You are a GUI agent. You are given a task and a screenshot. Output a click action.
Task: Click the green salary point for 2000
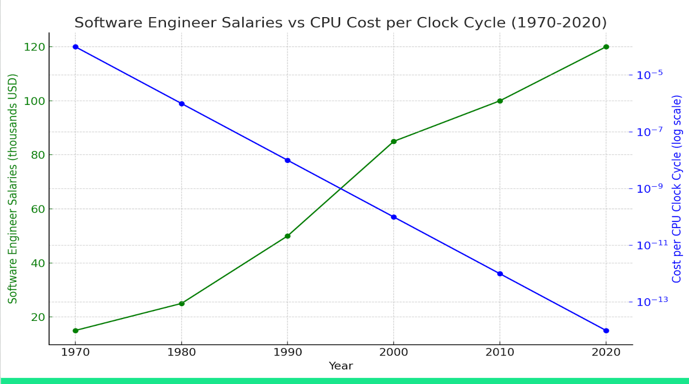(x=394, y=141)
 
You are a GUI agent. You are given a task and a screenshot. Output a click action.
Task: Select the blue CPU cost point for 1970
(x=75, y=47)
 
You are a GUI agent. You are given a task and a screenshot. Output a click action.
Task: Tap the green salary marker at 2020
(x=606, y=47)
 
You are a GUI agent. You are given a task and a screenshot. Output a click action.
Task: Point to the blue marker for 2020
(x=606, y=331)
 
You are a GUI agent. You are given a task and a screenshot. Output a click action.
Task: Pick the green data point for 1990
(x=288, y=236)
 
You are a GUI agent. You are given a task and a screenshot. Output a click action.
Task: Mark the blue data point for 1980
(x=181, y=103)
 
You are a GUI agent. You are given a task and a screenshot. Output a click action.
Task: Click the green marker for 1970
(x=75, y=331)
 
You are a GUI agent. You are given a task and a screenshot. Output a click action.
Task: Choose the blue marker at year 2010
(x=500, y=273)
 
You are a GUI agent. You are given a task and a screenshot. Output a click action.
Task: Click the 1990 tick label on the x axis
(x=288, y=352)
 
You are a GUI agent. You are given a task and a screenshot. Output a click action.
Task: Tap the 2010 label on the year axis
(x=500, y=352)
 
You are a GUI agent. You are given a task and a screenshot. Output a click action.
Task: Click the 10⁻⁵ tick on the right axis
(x=649, y=75)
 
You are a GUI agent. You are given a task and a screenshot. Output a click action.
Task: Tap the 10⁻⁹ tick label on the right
(x=649, y=188)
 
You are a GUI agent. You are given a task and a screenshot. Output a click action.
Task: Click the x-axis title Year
(x=341, y=366)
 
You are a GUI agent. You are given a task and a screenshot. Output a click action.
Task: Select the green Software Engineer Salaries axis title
(x=13, y=189)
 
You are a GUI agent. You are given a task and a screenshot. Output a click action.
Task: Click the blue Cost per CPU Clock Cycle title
(x=676, y=189)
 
